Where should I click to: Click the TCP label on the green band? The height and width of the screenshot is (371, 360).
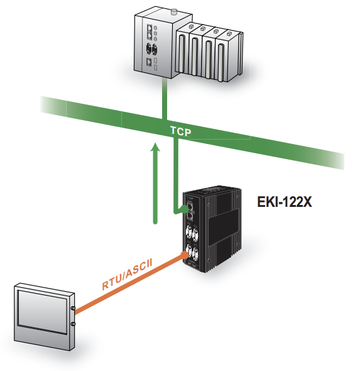[180, 131]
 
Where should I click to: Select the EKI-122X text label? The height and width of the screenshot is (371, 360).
[285, 202]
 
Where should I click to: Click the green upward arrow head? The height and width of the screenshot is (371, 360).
[156, 147]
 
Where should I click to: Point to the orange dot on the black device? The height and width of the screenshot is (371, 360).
[184, 255]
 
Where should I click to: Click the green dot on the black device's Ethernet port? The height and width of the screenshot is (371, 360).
[184, 209]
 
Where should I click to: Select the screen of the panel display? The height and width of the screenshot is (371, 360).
[43, 312]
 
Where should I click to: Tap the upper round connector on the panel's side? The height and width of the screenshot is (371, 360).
[74, 308]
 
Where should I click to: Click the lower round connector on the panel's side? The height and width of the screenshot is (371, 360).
[74, 324]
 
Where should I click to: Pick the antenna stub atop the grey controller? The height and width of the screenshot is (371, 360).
[174, 12]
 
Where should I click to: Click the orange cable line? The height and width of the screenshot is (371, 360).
[129, 285]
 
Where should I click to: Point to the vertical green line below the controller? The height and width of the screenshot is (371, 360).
[165, 99]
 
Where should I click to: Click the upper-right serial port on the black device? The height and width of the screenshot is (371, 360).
[195, 234]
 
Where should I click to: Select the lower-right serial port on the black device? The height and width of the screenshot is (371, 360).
[195, 254]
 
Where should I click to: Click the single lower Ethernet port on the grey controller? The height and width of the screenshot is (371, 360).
[149, 62]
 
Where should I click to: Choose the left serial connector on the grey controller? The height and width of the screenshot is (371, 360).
[149, 49]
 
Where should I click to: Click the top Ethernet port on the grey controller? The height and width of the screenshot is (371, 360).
[150, 28]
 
